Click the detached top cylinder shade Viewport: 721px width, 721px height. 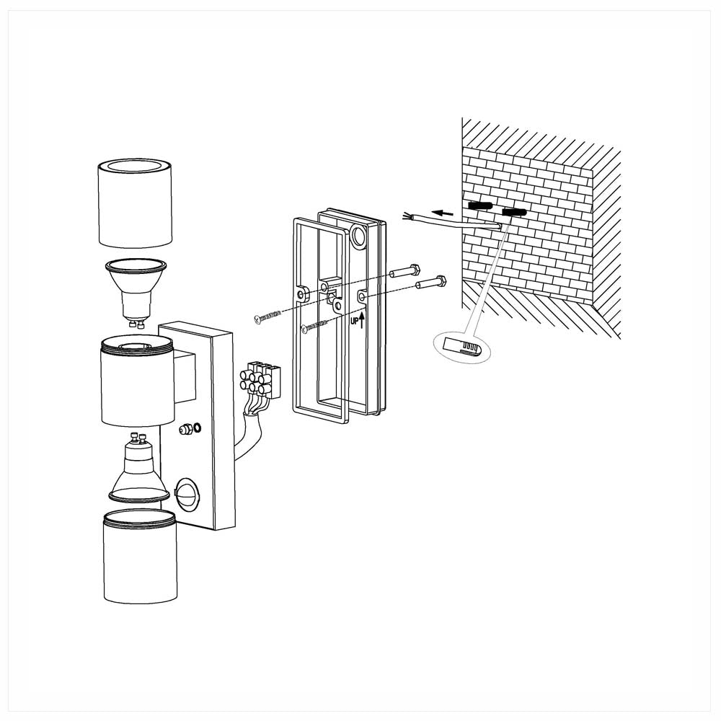(x=135, y=204)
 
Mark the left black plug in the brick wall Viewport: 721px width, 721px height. (x=479, y=206)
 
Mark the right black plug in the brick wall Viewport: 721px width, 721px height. (x=513, y=212)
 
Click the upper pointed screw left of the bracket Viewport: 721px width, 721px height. (x=270, y=315)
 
